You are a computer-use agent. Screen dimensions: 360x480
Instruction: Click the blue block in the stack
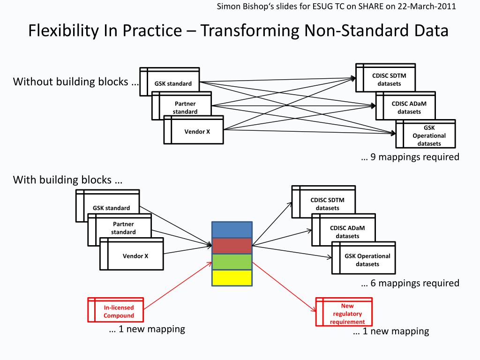pyautogui.click(x=232, y=230)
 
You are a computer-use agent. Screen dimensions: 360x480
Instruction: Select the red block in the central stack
pyautogui.click(x=232, y=246)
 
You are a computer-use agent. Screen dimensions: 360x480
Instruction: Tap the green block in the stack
pyautogui.click(x=232, y=262)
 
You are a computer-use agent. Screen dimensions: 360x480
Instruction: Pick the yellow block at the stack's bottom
pyautogui.click(x=232, y=277)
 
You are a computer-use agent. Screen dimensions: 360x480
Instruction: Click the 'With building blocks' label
pyautogui.click(x=67, y=180)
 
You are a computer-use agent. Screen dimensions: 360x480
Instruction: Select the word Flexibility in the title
pyautogui.click(x=57, y=31)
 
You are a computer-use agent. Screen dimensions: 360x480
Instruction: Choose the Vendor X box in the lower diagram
pyautogui.click(x=135, y=256)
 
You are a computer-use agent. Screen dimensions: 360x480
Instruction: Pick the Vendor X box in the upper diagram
pyautogui.click(x=197, y=131)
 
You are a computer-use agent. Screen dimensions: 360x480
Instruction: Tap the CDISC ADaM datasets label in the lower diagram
pyautogui.click(x=347, y=232)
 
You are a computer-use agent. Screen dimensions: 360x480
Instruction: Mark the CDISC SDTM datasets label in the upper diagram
pyautogui.click(x=389, y=80)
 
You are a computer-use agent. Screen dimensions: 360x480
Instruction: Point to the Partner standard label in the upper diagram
pyautogui.click(x=185, y=107)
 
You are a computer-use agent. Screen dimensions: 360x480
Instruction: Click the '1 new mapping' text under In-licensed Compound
pyautogui.click(x=147, y=329)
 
